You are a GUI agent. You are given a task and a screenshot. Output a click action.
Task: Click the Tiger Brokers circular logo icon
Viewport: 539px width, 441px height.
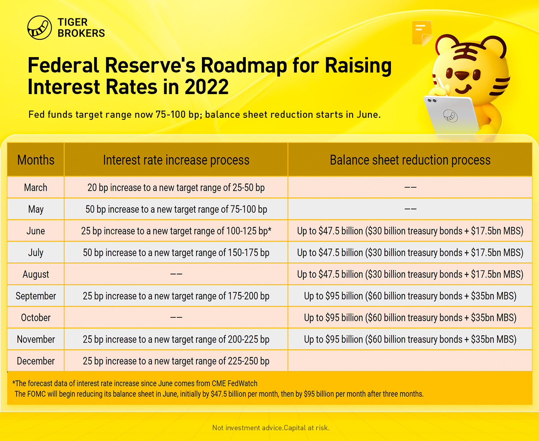(x=40, y=28)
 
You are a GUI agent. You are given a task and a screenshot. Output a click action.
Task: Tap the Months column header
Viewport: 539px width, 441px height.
(x=36, y=160)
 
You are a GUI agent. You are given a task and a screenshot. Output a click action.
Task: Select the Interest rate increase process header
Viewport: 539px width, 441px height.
(x=176, y=160)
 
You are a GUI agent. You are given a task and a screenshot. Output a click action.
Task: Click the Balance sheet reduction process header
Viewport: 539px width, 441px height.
(x=410, y=160)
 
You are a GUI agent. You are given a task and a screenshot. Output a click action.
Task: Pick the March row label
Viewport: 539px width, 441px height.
(x=36, y=187)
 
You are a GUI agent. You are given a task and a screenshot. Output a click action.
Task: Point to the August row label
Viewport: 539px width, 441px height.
(x=36, y=274)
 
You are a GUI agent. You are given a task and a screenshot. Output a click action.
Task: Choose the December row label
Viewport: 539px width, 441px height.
(x=36, y=361)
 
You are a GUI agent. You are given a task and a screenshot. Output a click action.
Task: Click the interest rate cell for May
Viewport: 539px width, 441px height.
(x=176, y=209)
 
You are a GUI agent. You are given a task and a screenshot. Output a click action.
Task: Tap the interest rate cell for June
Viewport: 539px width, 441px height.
(x=176, y=231)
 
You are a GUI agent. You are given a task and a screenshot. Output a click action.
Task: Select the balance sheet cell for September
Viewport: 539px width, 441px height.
(x=410, y=296)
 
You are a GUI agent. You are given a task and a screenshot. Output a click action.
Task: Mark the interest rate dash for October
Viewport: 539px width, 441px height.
(x=176, y=317)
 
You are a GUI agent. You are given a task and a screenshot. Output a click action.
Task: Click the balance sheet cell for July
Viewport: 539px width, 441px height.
(x=410, y=253)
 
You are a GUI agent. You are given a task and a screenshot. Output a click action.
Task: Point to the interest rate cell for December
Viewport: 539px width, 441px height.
(x=176, y=361)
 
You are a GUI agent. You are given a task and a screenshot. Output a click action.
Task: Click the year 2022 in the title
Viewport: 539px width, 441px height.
(x=207, y=87)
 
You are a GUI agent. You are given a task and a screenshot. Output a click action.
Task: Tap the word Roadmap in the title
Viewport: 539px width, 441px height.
(x=244, y=65)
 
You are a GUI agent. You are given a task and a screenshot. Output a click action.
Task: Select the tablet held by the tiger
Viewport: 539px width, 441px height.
(x=451, y=115)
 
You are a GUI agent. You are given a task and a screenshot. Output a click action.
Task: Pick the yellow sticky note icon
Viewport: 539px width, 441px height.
(x=422, y=33)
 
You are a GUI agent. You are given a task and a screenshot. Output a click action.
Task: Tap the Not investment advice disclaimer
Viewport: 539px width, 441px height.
(x=271, y=428)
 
